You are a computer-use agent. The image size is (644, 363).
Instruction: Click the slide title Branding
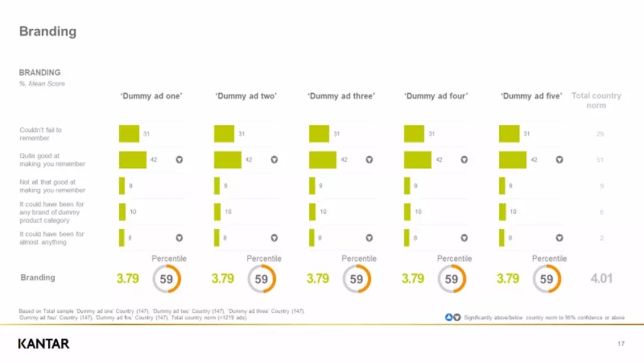pyautogui.click(x=48, y=32)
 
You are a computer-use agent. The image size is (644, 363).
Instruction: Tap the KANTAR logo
pyautogui.click(x=44, y=343)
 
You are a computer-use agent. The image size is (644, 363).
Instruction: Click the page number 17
pyautogui.click(x=621, y=343)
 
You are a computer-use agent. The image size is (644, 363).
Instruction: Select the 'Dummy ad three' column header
pyautogui.click(x=341, y=96)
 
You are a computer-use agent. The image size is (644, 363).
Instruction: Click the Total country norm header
pyautogui.click(x=596, y=100)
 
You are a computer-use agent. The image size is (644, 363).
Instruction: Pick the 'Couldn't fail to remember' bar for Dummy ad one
pyautogui.click(x=129, y=134)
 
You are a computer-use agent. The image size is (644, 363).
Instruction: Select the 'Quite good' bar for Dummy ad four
pyautogui.click(x=417, y=160)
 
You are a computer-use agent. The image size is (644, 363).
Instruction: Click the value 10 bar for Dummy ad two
pyautogui.click(x=217, y=212)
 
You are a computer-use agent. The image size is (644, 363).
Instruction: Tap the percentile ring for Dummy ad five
pyautogui.click(x=546, y=279)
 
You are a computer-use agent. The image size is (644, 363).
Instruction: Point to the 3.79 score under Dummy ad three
pyautogui.click(x=318, y=279)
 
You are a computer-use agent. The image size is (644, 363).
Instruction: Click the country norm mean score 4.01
pyautogui.click(x=601, y=279)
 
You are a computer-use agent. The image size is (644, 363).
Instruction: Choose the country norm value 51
pyautogui.click(x=600, y=160)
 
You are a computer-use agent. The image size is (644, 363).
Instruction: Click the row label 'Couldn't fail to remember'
pyautogui.click(x=41, y=134)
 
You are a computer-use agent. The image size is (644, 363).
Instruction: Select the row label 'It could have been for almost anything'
pyautogui.click(x=52, y=238)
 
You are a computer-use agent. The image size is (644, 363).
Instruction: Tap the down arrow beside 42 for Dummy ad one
pyautogui.click(x=179, y=160)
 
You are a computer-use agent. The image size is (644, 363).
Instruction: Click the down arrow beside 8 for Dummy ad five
pyautogui.click(x=559, y=238)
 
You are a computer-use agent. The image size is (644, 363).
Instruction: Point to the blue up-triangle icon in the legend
pyautogui.click(x=449, y=317)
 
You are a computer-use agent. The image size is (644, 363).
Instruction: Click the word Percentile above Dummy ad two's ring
pyautogui.click(x=264, y=259)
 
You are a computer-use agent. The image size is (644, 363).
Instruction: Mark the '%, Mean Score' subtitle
pyautogui.click(x=42, y=84)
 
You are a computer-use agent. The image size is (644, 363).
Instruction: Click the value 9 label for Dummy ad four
pyautogui.click(x=416, y=186)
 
